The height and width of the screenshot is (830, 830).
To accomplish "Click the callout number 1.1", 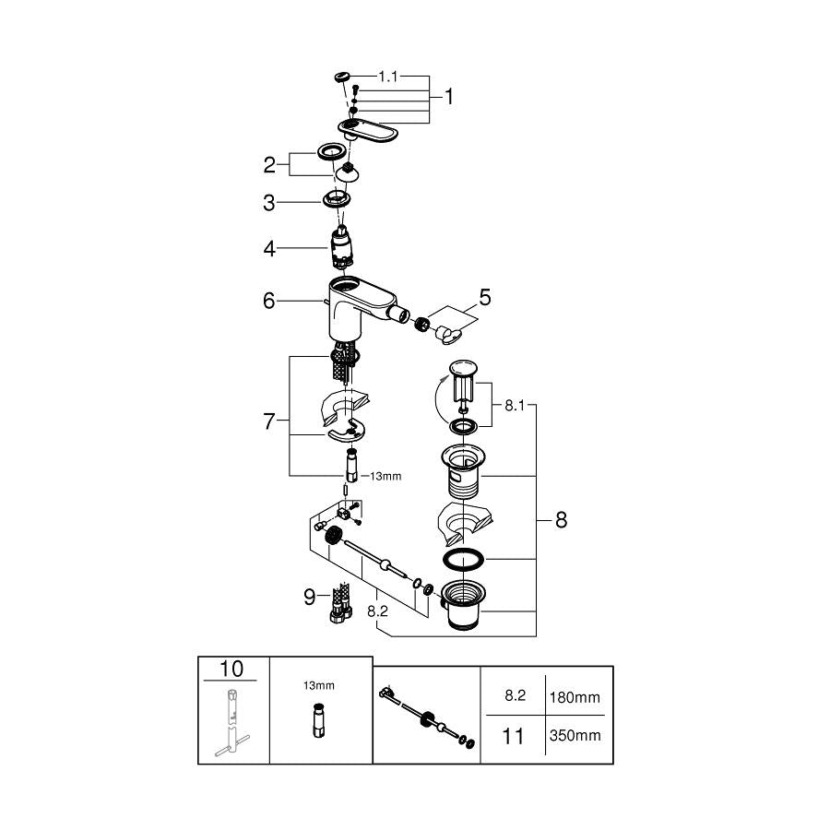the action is click(387, 77).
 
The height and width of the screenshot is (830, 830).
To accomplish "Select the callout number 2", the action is click(269, 165).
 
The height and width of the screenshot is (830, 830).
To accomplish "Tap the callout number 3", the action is click(269, 203).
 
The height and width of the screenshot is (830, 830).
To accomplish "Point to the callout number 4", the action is click(269, 248).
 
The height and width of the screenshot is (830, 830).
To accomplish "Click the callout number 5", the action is click(485, 298).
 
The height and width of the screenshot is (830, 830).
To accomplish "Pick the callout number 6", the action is click(269, 301).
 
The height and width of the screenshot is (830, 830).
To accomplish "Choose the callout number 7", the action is click(269, 421).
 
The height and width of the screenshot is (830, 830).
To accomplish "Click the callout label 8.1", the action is click(515, 406).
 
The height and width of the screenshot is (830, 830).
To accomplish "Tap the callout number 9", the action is click(310, 597).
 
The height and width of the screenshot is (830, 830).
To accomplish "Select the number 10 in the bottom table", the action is click(231, 670).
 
